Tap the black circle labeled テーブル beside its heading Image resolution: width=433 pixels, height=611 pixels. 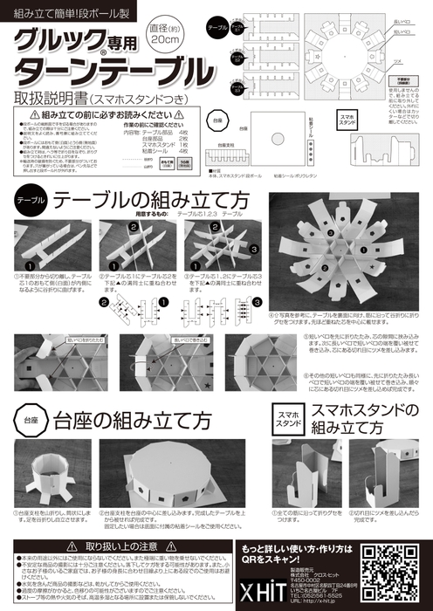29,200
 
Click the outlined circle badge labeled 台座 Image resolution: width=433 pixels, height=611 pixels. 28,420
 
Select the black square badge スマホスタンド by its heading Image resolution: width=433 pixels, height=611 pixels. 286,417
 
